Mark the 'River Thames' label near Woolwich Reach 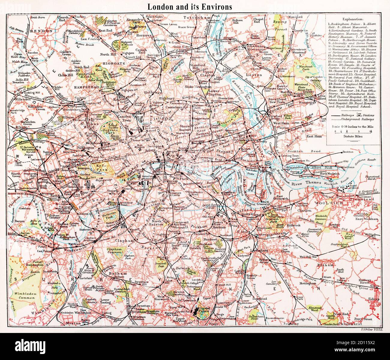coord(306,182)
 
